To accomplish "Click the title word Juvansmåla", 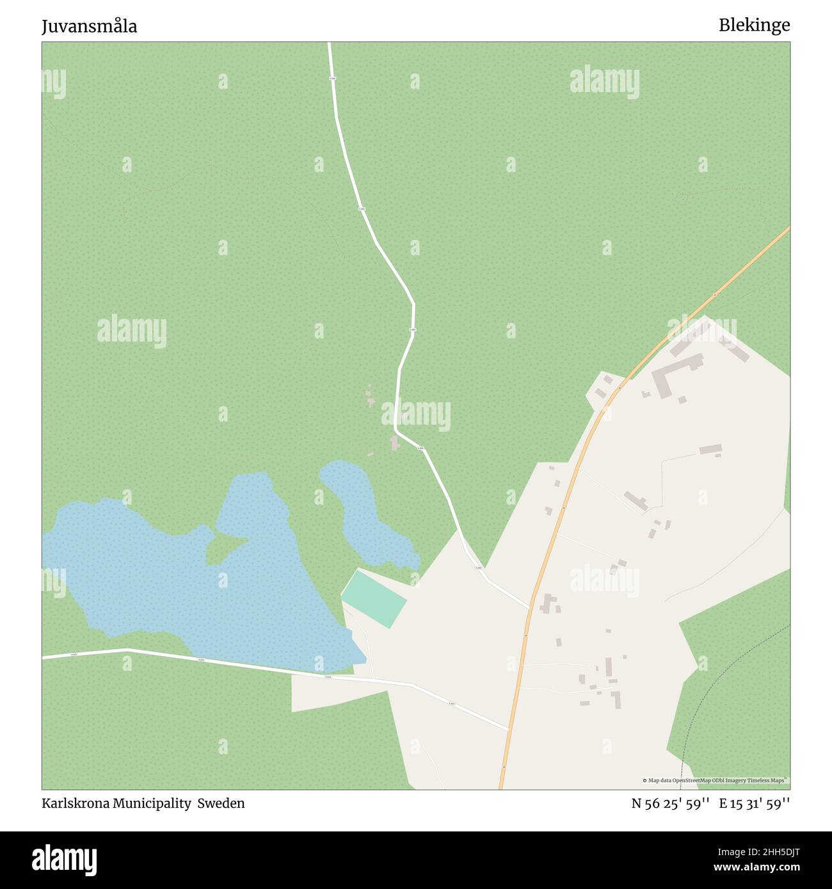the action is point(89,26).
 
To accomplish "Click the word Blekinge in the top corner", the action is point(754,25).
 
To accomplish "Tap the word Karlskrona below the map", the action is point(76,803).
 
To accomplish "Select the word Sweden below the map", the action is point(221,803).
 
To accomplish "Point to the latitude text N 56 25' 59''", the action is point(669,803).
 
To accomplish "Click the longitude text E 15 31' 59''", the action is point(754,803).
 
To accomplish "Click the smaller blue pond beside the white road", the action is point(365,512).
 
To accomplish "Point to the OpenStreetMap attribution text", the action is point(715,780).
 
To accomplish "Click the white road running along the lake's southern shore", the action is point(211,661).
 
